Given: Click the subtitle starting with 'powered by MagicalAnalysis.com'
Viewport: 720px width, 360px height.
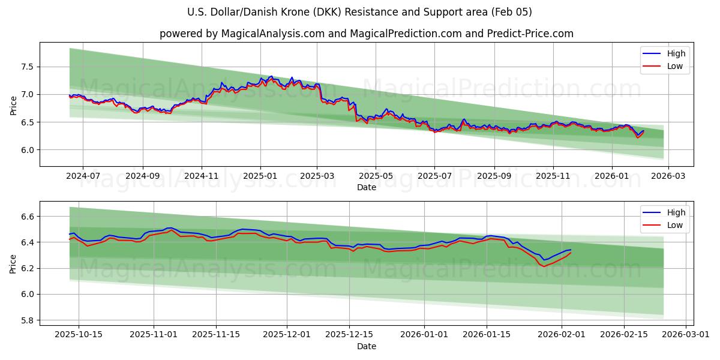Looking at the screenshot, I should pos(367,34).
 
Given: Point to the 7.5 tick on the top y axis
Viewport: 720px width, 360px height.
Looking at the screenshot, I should pos(27,67).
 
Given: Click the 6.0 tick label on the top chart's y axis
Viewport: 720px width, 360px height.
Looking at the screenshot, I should pos(27,150).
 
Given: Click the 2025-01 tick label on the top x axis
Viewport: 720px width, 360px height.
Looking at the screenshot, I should pos(260,176).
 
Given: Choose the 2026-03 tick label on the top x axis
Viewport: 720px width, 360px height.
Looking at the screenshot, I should pos(668,176).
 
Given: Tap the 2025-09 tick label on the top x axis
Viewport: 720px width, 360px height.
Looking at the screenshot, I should pos(494,176).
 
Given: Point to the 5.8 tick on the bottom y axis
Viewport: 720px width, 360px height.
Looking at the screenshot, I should pos(27,320).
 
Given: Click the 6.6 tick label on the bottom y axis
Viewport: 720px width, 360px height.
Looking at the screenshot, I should pos(27,216).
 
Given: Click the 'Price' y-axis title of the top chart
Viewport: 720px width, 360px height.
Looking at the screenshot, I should pos(14,104).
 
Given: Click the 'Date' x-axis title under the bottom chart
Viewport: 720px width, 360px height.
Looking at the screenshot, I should pos(367,346).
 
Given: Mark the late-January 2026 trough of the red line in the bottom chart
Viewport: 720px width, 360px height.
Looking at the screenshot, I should pos(543,266).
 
